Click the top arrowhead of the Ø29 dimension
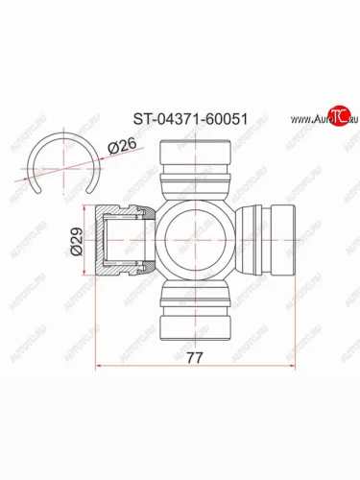pyautogui.click(x=89, y=208)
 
